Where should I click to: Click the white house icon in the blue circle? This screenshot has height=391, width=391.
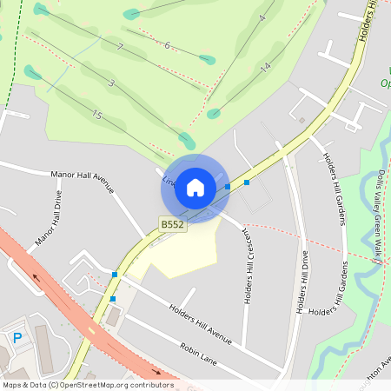pos(195,187)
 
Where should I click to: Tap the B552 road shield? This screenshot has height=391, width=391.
pos(172,224)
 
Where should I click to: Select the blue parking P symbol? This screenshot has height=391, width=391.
pos(17,338)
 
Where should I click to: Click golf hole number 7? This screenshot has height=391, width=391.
pos(120,47)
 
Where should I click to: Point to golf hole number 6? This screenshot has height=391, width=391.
pos(167,44)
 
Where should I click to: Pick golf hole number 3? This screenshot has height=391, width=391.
pos(112,83)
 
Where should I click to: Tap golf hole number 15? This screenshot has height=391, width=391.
pos(96,116)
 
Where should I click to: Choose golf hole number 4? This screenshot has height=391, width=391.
pos(262,17)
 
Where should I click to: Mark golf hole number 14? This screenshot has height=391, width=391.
pos(266,66)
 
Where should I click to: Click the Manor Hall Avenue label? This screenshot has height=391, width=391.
pos(83,180)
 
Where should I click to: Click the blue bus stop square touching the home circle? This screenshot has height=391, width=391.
pos(228,187)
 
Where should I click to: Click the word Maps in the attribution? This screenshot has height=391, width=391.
pos(13,384)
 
